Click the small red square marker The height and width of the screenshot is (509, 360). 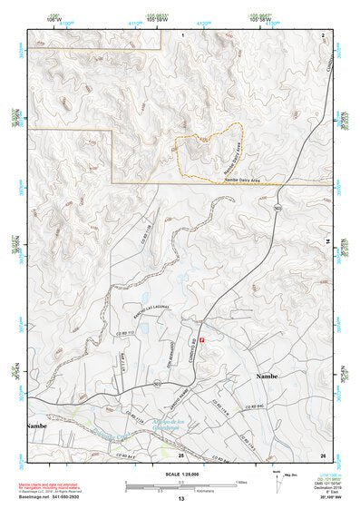(x=203, y=340)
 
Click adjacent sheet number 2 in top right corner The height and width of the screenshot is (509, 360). (x=324, y=34)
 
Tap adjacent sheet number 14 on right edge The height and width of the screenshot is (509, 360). (x=327, y=240)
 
